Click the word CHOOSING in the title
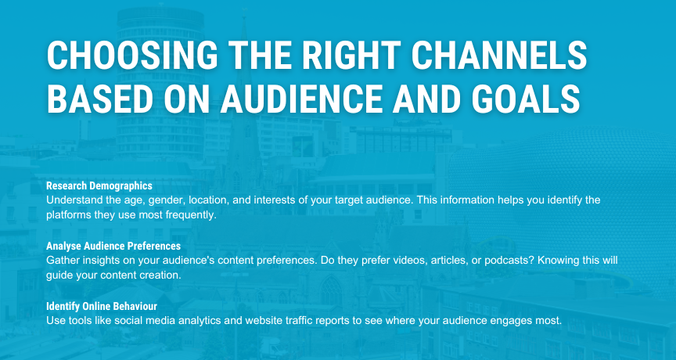tap(132, 55)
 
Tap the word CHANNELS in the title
tap(499, 55)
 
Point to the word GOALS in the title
tap(526, 99)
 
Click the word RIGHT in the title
tap(352, 55)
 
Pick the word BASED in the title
tap(100, 99)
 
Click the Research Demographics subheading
tap(99, 185)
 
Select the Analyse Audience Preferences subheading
tap(113, 247)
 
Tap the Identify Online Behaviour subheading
tap(102, 306)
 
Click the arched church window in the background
tap(331, 290)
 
